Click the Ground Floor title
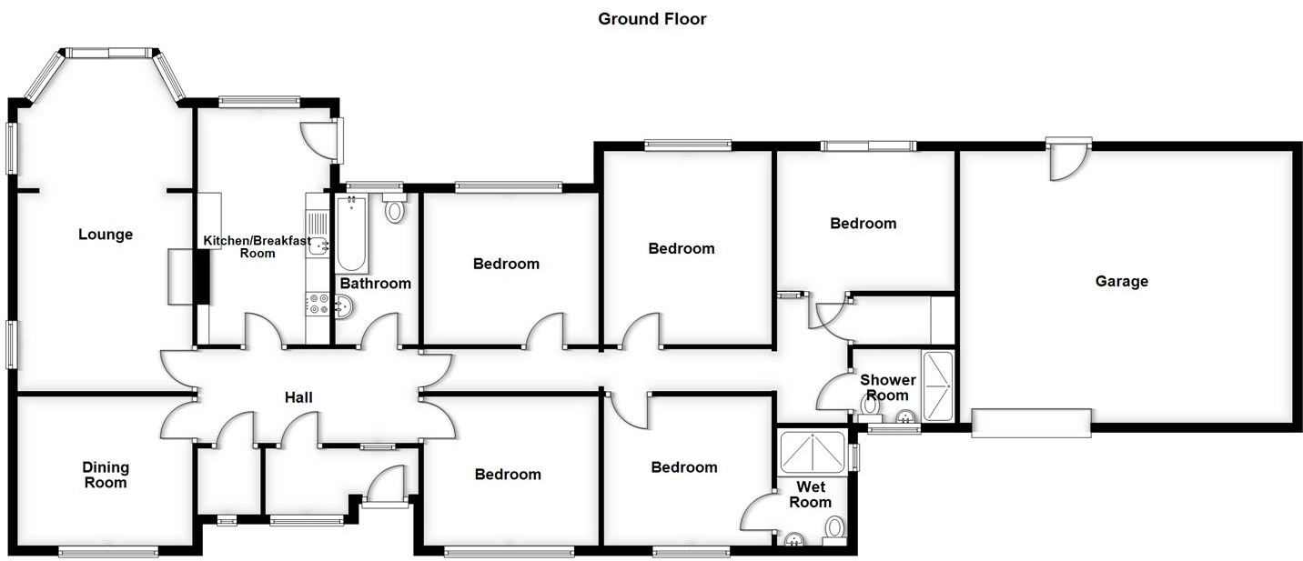(651, 19)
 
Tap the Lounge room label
(106, 235)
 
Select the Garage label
(1121, 282)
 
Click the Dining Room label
(106, 475)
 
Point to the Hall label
(298, 398)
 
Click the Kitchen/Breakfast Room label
(257, 246)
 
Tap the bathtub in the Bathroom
(352, 234)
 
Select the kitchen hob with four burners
(318, 303)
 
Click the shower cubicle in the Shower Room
(937, 386)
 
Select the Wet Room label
(810, 495)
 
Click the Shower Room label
(887, 387)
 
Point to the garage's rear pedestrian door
(1066, 158)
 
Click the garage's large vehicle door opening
(1031, 423)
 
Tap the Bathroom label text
(375, 284)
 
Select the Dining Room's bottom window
(108, 550)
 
